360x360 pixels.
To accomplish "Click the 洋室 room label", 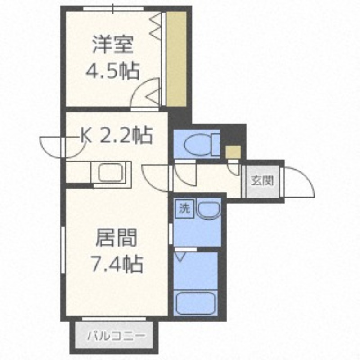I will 112,45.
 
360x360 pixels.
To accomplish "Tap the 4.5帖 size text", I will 112,71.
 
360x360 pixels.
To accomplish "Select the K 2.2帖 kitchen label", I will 117,135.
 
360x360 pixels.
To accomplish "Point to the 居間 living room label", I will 116,238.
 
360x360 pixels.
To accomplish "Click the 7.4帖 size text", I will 116,264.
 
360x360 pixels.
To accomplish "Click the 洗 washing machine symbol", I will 184,208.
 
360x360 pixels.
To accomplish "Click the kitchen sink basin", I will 111,173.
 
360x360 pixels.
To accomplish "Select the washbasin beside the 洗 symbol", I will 208,210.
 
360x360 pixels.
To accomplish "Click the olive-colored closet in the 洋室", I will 176,58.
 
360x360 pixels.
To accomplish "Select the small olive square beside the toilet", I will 233,153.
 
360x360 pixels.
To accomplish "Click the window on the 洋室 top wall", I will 113,9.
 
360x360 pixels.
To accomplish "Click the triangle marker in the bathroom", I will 181,257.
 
